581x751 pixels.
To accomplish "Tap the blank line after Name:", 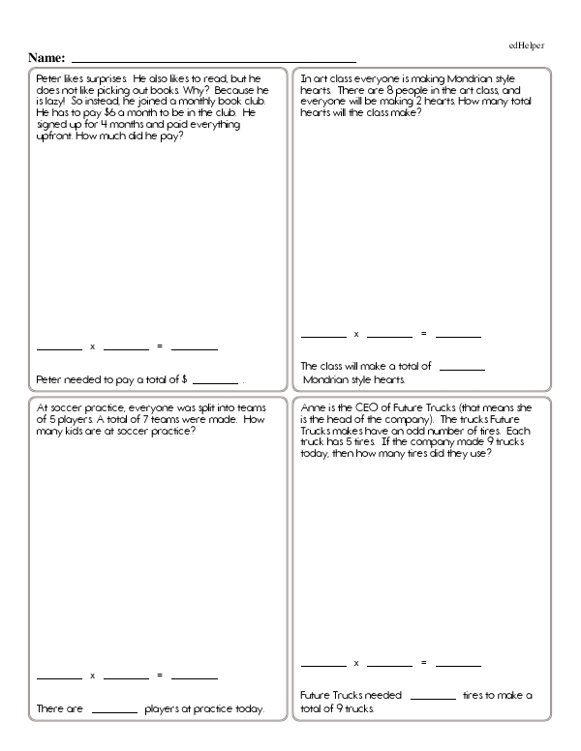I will (x=213, y=61).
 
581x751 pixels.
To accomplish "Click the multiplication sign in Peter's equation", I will (x=92, y=346).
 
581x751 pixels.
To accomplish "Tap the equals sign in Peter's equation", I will (x=160, y=346).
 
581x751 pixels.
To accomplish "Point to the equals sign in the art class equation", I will (x=423, y=334).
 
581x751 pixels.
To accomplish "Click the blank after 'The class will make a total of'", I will (x=463, y=369).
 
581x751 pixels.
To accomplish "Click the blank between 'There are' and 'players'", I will (x=115, y=711).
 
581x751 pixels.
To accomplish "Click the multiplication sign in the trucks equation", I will (x=356, y=664).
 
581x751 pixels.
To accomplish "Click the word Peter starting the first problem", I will (x=48, y=78).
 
